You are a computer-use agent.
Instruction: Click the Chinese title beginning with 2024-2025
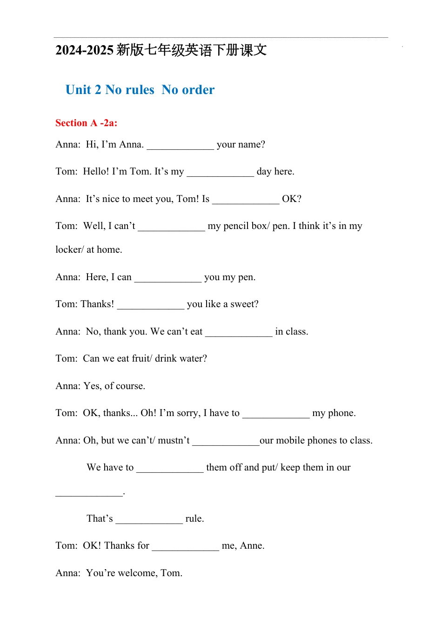click(x=161, y=50)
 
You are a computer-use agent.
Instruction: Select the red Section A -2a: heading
click(x=87, y=123)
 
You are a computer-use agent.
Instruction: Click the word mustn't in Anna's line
click(x=174, y=441)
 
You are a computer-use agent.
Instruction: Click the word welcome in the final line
click(x=138, y=573)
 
